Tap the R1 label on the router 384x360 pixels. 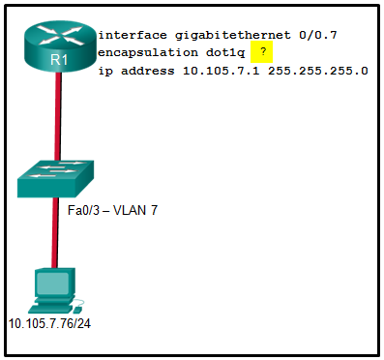56,60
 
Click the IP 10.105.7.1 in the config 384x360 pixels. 214,71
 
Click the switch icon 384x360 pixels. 56,179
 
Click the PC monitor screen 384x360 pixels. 53,283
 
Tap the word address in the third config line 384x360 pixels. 145,71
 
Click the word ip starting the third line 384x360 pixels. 105,71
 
